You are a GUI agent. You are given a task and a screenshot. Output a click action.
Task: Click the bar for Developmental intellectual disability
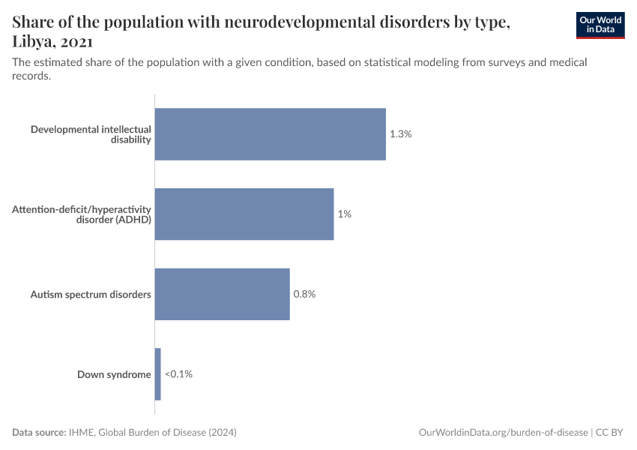pos(270,134)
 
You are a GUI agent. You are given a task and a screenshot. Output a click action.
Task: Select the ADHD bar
pos(244,214)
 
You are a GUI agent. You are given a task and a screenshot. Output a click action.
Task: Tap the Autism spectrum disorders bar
pos(222,294)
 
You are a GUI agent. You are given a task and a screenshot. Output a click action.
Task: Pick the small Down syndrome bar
pos(157,373)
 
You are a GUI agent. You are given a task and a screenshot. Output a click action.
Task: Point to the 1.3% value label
pos(401,134)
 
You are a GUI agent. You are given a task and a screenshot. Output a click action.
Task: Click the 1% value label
pos(344,214)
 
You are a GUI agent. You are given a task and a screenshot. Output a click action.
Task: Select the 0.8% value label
pos(304,294)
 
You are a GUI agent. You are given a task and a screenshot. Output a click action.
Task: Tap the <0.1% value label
pos(178,373)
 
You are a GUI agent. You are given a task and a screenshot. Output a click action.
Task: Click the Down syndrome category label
pos(114,374)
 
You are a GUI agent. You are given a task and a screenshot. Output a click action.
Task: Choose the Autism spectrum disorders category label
pos(91,294)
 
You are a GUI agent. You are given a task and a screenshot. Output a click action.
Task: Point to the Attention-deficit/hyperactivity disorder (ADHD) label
pos(82,214)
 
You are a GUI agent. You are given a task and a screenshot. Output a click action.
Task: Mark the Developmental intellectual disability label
pos(91,134)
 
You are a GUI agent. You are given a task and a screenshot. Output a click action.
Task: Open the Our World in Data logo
pos(600,25)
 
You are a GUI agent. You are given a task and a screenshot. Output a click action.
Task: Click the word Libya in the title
pos(34,42)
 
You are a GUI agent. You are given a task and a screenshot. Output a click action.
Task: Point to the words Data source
pos(38,433)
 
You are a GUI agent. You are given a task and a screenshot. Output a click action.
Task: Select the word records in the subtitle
pos(31,76)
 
